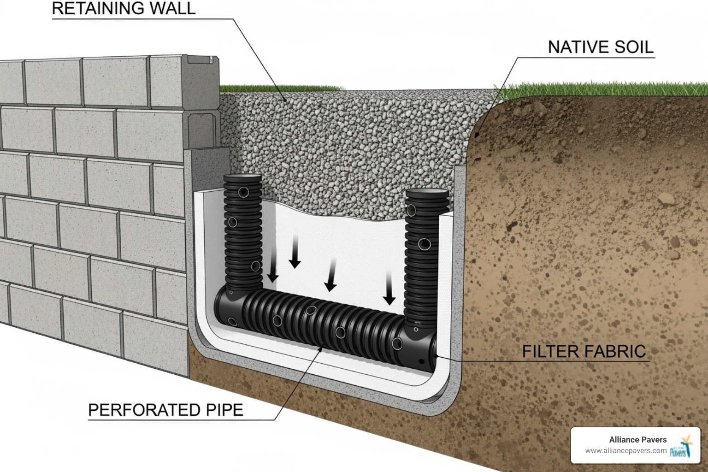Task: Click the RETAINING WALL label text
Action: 124,9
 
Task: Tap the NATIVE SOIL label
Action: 600,47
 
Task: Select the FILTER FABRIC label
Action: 584,352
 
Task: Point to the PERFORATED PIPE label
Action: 165,410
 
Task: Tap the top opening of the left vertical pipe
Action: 242,177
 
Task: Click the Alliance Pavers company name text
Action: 637,440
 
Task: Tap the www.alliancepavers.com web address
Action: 625,451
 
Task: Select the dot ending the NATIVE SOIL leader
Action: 477,135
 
